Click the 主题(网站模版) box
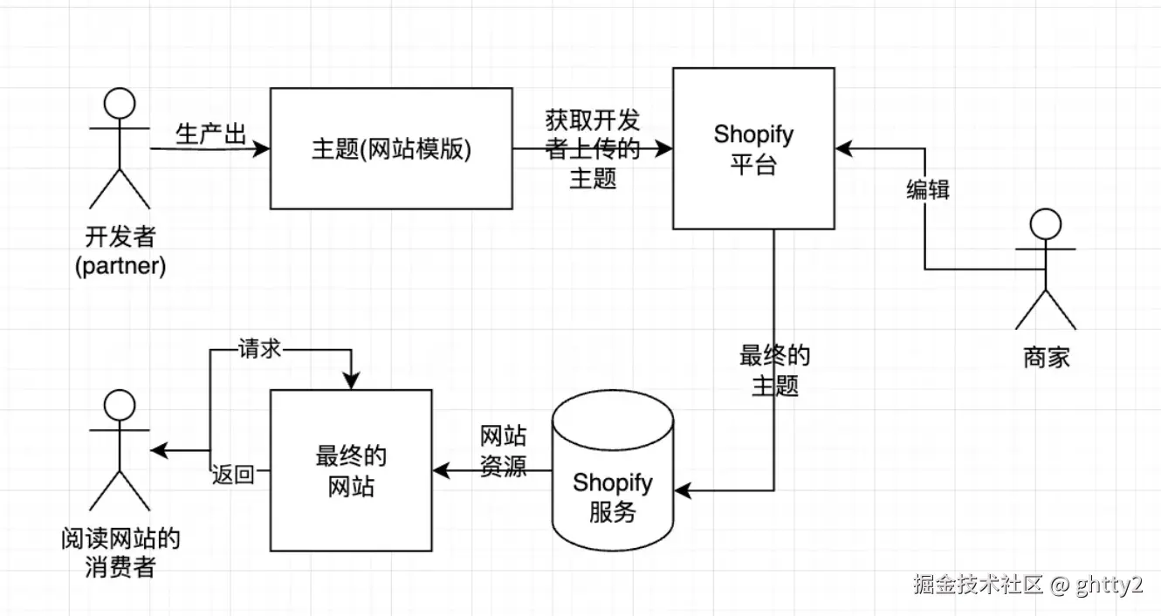pos(391,148)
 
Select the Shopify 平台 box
pos(753,148)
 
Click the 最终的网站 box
pos(351,471)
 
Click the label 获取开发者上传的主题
pos(593,148)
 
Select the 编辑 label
pos(928,189)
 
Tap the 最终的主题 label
pos(775,370)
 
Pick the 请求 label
pos(259,348)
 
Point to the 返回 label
pos(233,475)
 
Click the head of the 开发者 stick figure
pos(120,106)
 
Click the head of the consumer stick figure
pos(120,405)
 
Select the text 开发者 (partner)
pos(120,251)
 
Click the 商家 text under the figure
pos(1046,357)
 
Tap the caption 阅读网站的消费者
pos(120,552)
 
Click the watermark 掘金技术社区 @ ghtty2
pos(1027,585)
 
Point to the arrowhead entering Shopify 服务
pos(684,493)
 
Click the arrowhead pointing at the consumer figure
pos(158,450)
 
